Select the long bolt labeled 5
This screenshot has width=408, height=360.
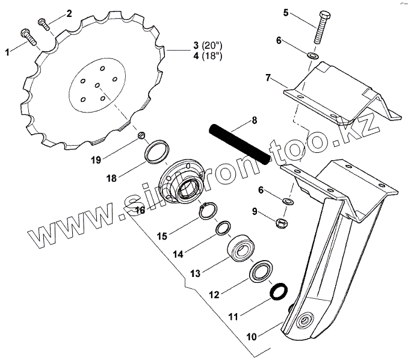click(321, 27)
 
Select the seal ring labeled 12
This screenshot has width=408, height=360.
click(260, 272)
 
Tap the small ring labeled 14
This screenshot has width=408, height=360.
click(222, 228)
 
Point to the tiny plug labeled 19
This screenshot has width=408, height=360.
click(142, 135)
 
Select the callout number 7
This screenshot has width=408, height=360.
click(268, 78)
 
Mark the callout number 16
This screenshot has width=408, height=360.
click(140, 210)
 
